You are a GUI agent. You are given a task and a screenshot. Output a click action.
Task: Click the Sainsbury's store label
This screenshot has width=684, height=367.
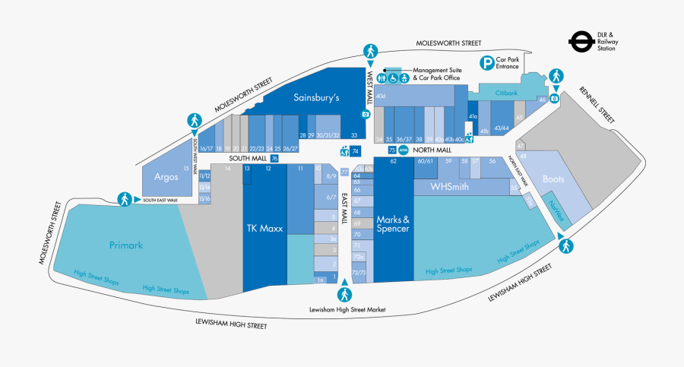pos(316,98)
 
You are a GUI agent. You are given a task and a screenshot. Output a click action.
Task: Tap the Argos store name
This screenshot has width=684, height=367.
pos(165,176)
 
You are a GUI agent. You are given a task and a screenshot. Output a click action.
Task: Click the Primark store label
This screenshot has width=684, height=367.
pos(125,245)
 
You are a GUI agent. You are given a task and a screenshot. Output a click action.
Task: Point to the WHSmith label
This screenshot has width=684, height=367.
pos(449,187)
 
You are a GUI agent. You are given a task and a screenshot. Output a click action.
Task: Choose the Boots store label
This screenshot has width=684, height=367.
pos(554,179)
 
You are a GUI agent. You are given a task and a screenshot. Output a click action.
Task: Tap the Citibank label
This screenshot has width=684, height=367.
pos(506,93)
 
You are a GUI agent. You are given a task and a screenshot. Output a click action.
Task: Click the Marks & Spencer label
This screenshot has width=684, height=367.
pos(394,224)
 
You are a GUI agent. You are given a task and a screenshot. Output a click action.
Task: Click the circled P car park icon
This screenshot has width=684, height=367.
pos(484,62)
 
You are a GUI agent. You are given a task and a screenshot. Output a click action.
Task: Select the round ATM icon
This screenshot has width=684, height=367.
pos(404,150)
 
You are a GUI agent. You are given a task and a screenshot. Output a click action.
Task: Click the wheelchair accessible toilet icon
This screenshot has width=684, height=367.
pos(394,78)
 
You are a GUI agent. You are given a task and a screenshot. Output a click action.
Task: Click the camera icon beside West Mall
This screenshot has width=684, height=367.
pos(366,115)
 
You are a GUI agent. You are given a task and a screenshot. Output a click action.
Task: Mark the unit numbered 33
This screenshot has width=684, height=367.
pos(354,135)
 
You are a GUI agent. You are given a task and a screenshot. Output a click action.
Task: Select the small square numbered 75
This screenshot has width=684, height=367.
pos(392,150)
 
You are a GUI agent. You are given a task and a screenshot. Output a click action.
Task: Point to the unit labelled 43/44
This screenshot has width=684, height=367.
pos(502,128)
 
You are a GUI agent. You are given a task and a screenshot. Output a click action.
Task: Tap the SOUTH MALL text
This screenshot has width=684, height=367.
pos(249,158)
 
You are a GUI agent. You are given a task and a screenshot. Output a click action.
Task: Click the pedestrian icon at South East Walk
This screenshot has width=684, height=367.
pos(124,199)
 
